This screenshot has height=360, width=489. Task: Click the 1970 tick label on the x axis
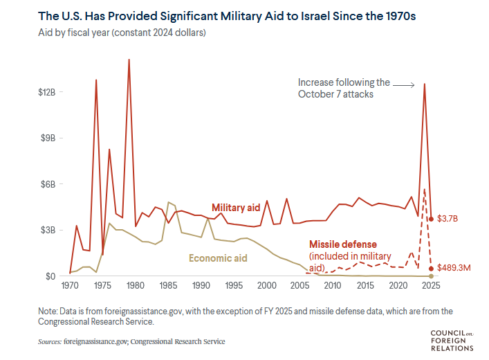[70, 285]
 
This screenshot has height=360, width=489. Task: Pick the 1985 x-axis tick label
[168, 285]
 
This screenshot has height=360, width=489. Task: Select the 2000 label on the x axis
[266, 285]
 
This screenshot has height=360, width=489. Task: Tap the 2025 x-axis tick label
[431, 285]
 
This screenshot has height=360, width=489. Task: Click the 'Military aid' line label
[236, 208]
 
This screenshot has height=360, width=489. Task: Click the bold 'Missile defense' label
[342, 244]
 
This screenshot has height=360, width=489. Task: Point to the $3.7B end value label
[449, 219]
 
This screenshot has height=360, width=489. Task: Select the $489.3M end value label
[455, 268]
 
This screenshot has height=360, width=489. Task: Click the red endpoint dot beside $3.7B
[431, 219]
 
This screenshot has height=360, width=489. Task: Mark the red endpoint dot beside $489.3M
[431, 269]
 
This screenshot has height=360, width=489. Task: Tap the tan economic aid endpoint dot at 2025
[431, 276]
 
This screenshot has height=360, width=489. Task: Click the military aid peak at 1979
[129, 60]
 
